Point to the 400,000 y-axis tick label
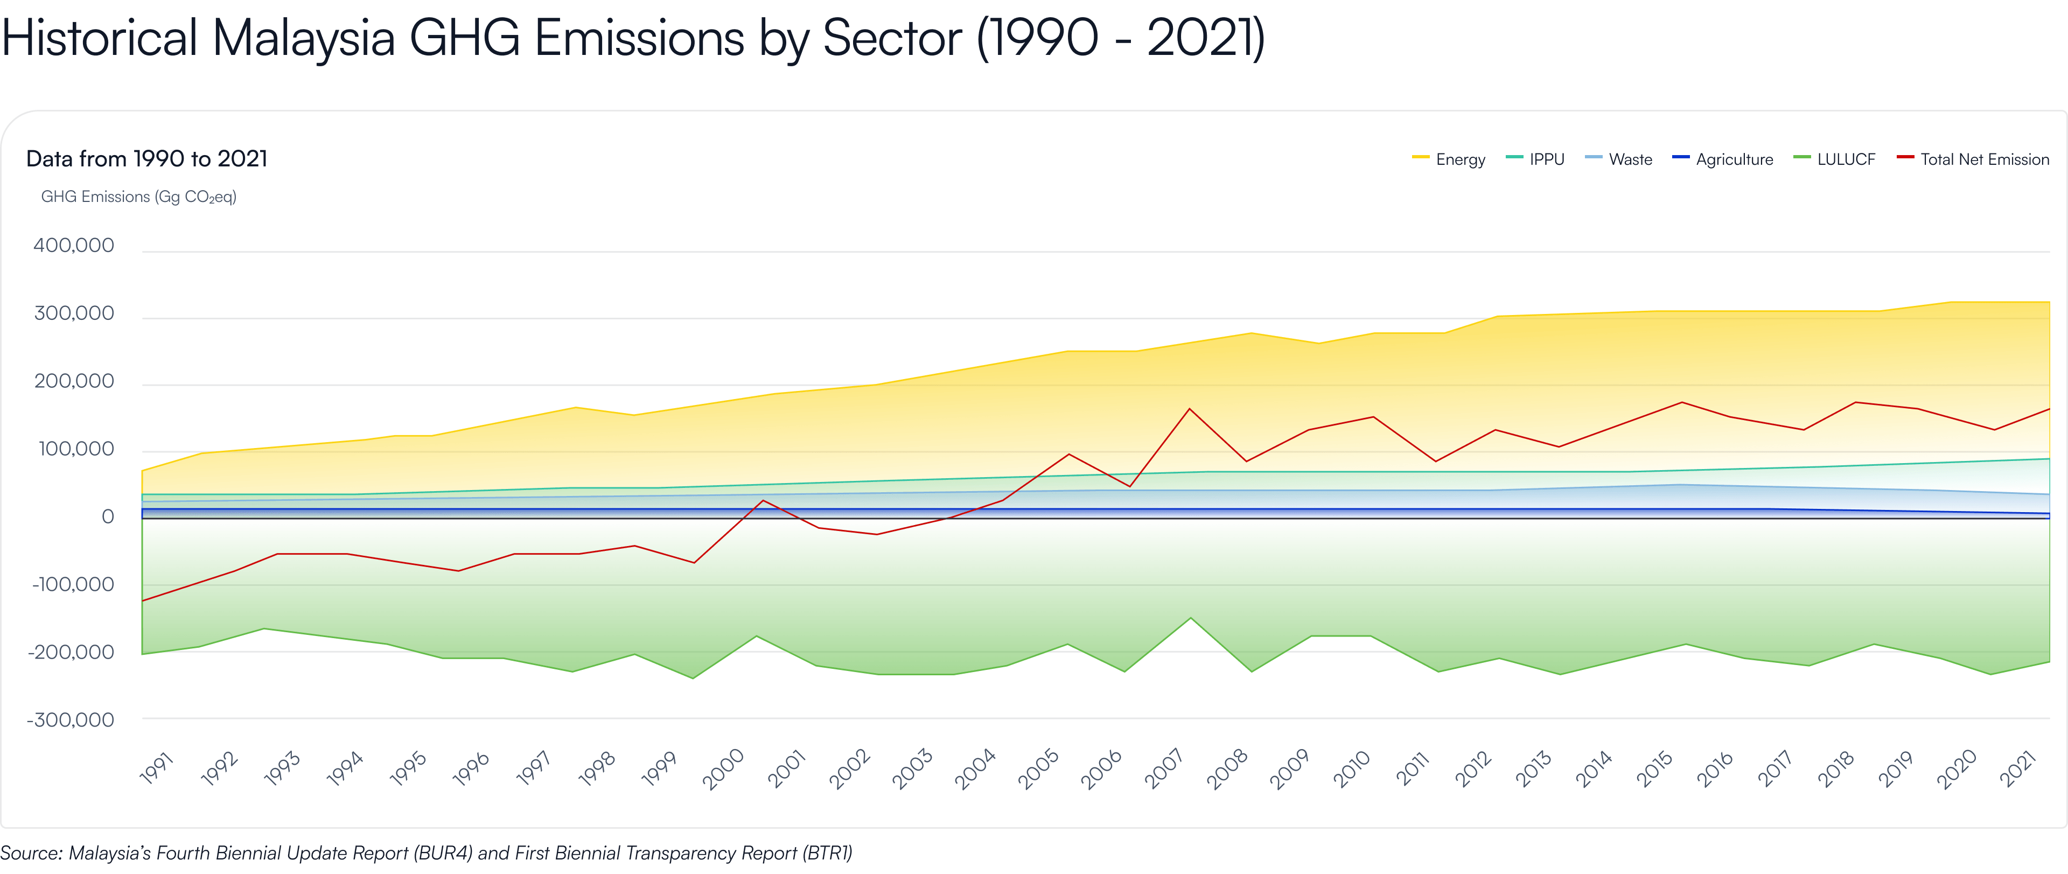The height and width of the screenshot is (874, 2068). (74, 246)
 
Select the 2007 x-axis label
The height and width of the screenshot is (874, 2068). (1163, 769)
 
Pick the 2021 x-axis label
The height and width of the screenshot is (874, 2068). (2017, 769)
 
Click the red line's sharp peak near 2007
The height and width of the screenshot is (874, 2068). (1190, 409)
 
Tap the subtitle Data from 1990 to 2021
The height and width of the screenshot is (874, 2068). (147, 159)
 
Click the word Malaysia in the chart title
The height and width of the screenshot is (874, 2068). (303, 38)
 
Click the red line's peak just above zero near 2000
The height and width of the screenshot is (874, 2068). (762, 501)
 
